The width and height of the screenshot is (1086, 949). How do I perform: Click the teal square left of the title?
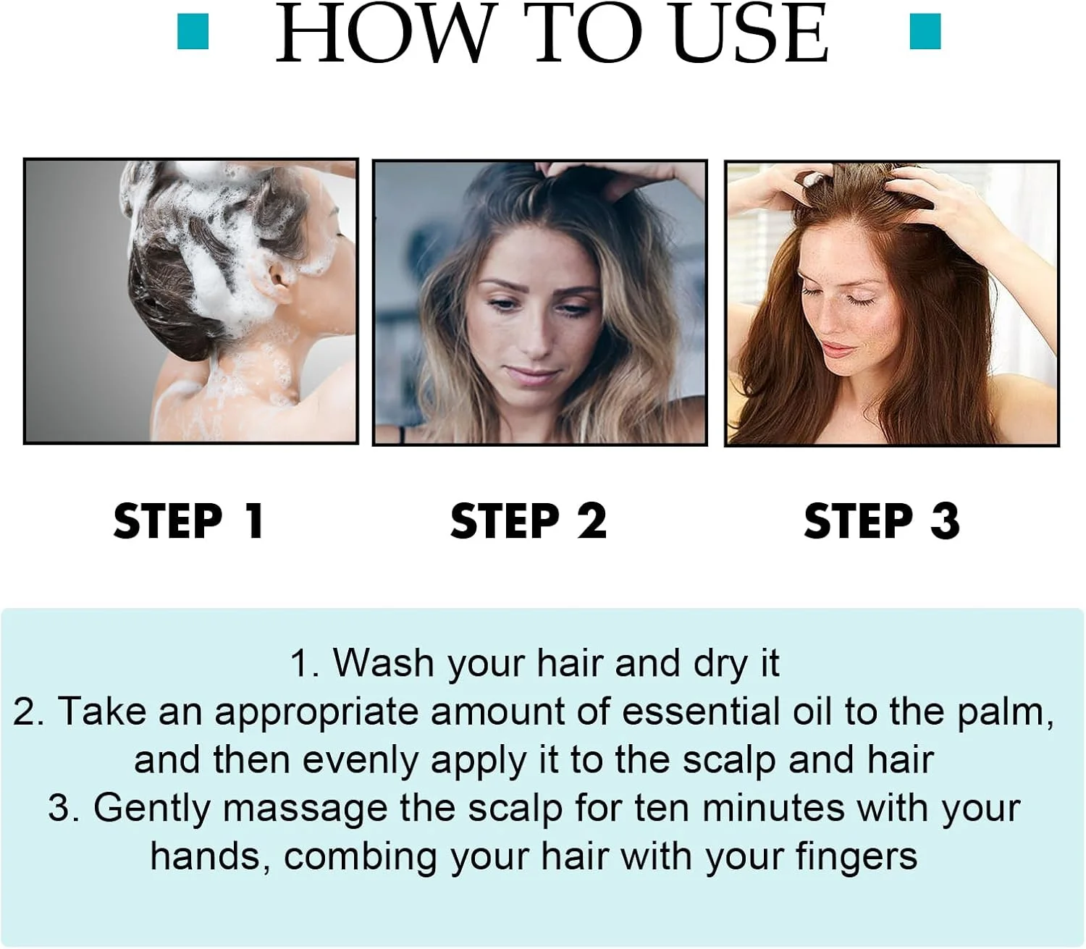[193, 31]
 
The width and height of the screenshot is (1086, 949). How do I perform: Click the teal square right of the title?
[925, 31]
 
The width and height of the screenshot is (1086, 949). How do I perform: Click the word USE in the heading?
[749, 33]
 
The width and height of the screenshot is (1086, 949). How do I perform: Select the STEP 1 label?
[189, 521]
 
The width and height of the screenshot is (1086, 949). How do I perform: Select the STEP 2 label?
[529, 521]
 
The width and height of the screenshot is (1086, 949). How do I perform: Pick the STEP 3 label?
[882, 521]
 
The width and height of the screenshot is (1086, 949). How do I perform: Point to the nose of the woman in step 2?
[536, 339]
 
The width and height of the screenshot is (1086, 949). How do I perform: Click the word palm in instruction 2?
[1003, 712]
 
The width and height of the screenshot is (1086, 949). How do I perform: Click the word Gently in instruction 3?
[152, 809]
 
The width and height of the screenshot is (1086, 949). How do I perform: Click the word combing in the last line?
[361, 859]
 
